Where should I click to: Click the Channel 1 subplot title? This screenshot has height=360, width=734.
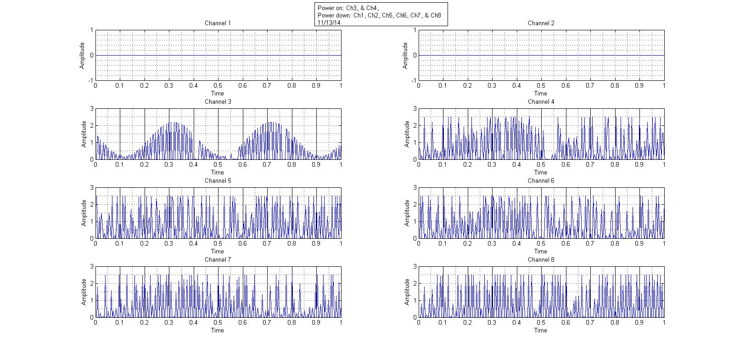(218, 23)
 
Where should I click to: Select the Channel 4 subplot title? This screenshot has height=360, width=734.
(541, 101)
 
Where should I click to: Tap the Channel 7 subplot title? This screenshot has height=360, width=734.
(218, 259)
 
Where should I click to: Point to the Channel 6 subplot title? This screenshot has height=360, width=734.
(541, 180)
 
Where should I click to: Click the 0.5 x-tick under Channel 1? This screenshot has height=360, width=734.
(218, 85)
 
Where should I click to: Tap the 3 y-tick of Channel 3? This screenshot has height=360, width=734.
(92, 109)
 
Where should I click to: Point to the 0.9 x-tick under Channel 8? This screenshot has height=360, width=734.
(639, 322)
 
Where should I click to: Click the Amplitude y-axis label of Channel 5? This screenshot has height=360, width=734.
(84, 213)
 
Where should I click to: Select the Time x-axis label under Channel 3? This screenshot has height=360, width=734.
(218, 172)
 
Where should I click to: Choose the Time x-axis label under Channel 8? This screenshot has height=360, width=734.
(541, 330)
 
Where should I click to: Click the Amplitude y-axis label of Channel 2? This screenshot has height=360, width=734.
(405, 56)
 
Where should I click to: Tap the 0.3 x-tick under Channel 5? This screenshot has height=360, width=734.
(169, 243)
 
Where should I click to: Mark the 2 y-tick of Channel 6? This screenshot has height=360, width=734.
(415, 205)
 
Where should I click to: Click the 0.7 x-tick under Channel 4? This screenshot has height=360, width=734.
(590, 164)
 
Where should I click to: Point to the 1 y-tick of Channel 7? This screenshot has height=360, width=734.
(92, 300)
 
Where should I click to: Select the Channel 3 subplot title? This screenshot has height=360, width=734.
(218, 101)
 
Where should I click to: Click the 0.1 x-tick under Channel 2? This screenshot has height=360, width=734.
(443, 85)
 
